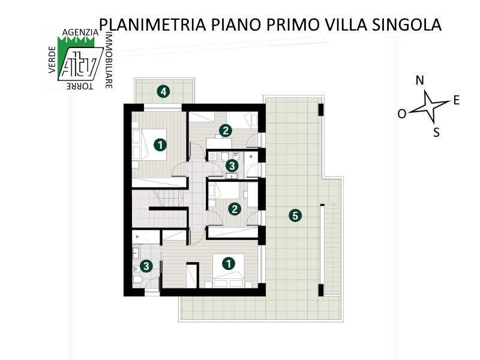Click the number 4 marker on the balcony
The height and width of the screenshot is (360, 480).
(x=163, y=92)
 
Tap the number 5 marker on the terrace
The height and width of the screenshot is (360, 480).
(x=295, y=215)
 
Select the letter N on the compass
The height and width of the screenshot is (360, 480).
(x=419, y=80)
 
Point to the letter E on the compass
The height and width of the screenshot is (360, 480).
(x=457, y=100)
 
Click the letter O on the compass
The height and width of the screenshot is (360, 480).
(x=401, y=114)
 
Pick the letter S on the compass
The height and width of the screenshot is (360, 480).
(x=436, y=133)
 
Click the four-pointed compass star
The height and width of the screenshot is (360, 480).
(x=428, y=106)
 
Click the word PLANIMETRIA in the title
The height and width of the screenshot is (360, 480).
(x=152, y=25)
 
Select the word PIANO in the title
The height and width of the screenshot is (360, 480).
(x=236, y=25)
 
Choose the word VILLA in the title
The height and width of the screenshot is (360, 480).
(x=346, y=25)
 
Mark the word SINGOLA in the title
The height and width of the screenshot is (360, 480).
(x=407, y=25)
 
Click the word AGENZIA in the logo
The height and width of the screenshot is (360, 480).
(x=80, y=32)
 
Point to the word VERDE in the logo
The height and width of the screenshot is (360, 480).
(x=52, y=59)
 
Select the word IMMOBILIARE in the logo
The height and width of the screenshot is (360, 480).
(x=109, y=60)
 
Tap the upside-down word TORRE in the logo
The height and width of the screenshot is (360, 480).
(x=80, y=86)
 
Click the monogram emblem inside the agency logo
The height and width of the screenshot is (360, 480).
(x=80, y=64)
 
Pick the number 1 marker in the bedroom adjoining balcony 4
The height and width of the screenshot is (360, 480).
(x=160, y=145)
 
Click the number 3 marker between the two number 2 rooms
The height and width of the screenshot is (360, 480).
(x=232, y=166)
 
